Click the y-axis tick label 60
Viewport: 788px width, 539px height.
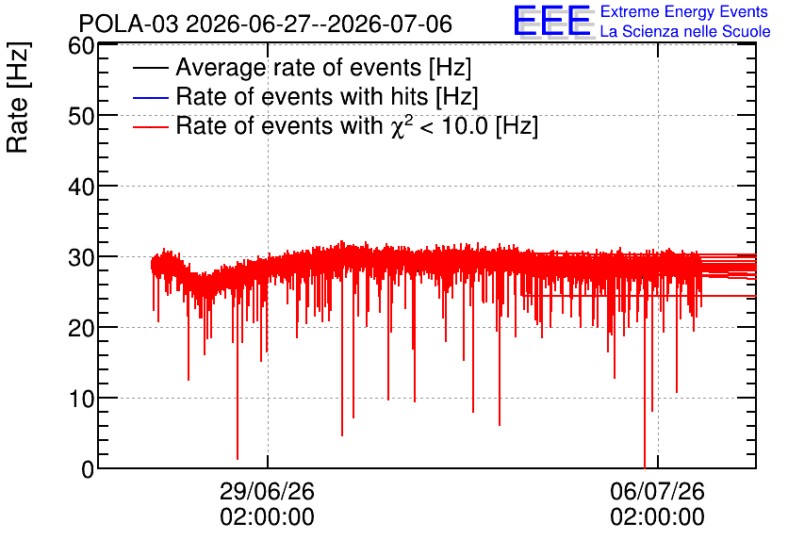coord(81,46)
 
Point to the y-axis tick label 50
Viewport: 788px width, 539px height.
coord(81,117)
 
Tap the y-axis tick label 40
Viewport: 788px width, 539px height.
coord(81,188)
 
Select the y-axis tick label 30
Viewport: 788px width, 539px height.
coord(81,258)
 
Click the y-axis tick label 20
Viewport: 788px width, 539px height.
coord(81,329)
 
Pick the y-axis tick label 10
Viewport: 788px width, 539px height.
coord(81,400)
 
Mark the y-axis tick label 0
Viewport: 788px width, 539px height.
coord(88,469)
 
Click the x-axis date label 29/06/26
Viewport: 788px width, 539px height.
coord(267,491)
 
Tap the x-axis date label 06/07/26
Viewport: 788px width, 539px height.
coord(657,491)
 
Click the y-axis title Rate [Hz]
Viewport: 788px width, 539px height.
coord(18,97)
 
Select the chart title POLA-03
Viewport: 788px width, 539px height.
coord(128,24)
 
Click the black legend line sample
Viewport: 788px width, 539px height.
coord(150,68)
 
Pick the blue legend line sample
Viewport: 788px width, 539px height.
coord(150,97)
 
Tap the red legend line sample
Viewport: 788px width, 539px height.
coord(150,127)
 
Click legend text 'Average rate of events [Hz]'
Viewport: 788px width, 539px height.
coord(323,68)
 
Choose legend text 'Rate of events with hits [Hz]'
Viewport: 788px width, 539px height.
coord(327,97)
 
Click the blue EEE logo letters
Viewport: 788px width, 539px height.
coord(552,21)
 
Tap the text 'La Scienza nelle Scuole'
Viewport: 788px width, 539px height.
coord(685,32)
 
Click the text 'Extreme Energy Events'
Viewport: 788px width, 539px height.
coord(684,11)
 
